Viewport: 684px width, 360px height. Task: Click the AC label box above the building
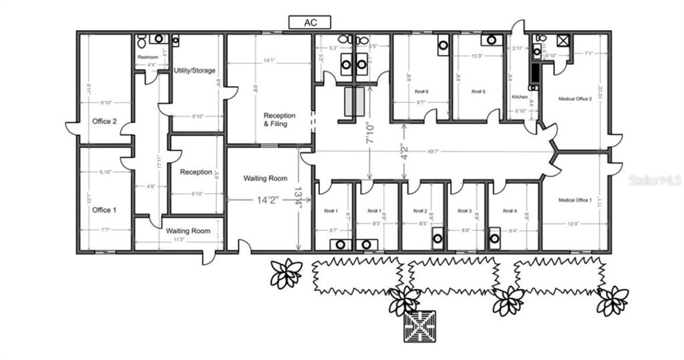[x=310, y=23]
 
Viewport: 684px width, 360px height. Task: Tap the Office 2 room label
[x=104, y=121]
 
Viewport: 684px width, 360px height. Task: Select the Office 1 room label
[x=104, y=210]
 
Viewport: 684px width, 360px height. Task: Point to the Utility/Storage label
[x=194, y=70]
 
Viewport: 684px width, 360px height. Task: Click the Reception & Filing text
[x=279, y=120]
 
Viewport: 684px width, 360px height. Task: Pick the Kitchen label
[x=520, y=97]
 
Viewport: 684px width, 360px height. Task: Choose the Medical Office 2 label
[x=574, y=99]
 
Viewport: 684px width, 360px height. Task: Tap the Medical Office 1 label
[x=574, y=200]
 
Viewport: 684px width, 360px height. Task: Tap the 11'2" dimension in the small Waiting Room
[x=178, y=239]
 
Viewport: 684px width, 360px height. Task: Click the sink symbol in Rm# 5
[x=492, y=40]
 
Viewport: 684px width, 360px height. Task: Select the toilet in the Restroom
[x=142, y=41]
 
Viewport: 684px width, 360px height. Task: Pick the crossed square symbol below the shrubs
[x=421, y=326]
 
